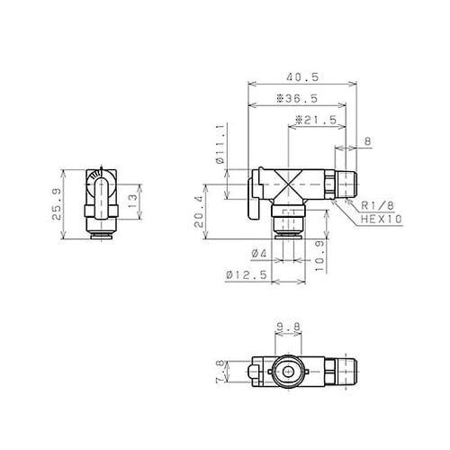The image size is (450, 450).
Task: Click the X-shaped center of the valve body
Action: [288, 185]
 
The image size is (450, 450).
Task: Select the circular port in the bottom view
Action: [287, 372]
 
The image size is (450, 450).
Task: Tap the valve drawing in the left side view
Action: [100, 202]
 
